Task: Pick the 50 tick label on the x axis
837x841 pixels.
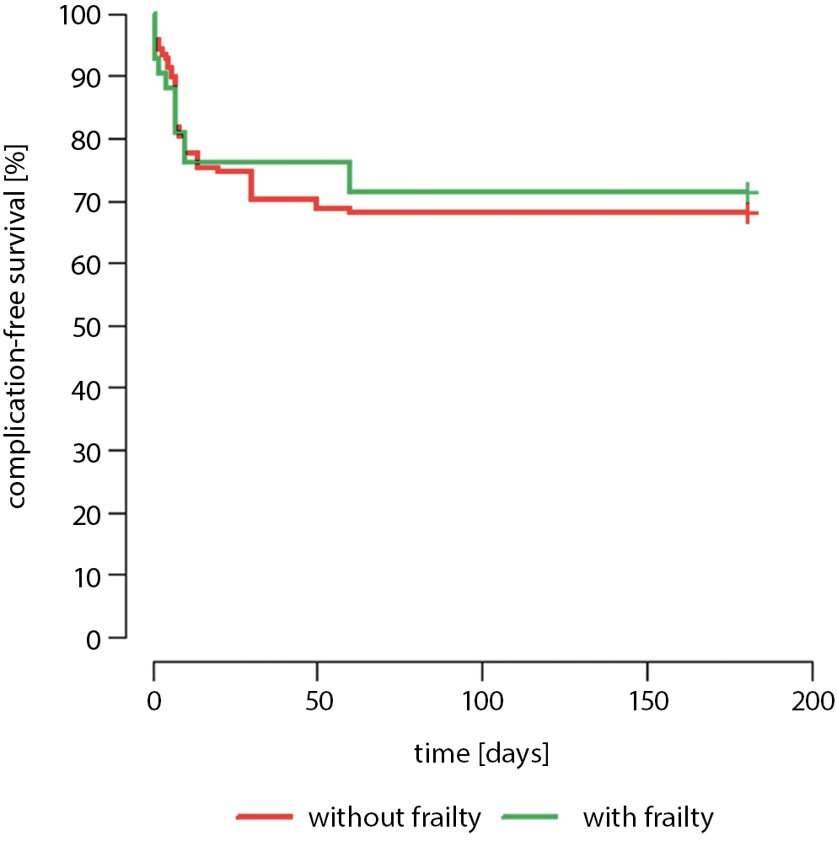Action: (x=318, y=701)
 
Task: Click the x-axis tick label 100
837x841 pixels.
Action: (x=482, y=701)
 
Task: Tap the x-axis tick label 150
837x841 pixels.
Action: (x=647, y=701)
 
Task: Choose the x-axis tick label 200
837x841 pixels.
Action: (x=811, y=701)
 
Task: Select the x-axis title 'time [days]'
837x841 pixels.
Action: (x=481, y=753)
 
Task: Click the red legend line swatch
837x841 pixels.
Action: (x=266, y=817)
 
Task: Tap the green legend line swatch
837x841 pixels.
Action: (x=529, y=817)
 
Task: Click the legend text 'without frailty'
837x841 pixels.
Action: (x=394, y=817)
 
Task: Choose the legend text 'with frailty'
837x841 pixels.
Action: (x=648, y=817)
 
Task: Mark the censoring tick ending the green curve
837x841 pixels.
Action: (x=747, y=192)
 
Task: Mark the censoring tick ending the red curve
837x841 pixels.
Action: (x=747, y=213)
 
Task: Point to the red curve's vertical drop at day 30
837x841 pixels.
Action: (x=251, y=185)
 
